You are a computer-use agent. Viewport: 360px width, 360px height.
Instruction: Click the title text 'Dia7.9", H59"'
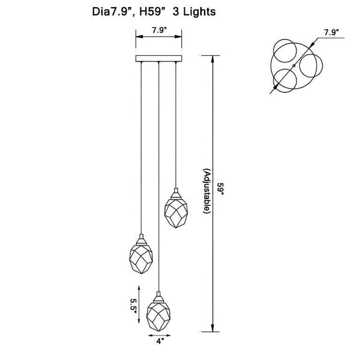[x=129, y=12]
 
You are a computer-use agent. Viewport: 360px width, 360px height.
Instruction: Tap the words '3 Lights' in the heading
[x=194, y=11]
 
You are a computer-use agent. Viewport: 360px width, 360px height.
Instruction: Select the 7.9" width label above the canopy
[x=159, y=31]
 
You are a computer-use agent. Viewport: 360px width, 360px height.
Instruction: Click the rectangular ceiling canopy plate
[x=158, y=59]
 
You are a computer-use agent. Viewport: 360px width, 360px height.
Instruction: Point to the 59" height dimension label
[x=221, y=189]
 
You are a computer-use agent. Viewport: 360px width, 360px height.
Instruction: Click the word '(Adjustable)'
[x=206, y=191]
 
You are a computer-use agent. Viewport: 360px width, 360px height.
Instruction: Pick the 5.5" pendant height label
[x=133, y=304]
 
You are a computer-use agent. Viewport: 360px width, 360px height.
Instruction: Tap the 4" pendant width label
[x=159, y=341]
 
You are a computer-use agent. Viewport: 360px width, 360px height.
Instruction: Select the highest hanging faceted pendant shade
[x=176, y=213]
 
